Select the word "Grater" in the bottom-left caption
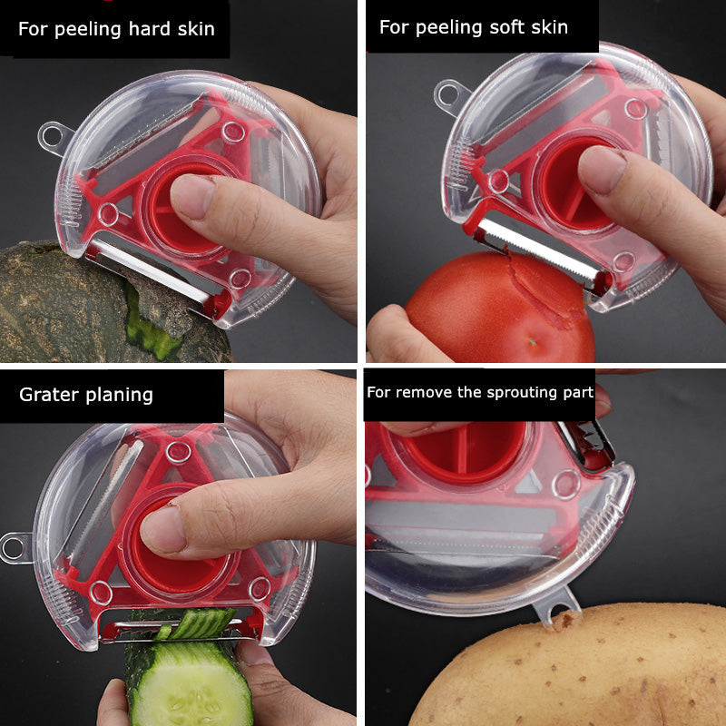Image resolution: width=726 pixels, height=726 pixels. [48, 395]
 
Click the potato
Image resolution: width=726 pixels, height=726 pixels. [590, 672]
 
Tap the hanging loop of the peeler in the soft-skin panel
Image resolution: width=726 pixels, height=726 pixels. [450, 93]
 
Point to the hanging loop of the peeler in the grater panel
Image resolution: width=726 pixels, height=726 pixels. [14, 547]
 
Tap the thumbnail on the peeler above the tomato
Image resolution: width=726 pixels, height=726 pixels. [601, 169]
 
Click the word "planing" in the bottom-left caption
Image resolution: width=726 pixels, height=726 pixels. [122, 395]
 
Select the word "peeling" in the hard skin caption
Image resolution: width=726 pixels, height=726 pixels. [90, 29]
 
